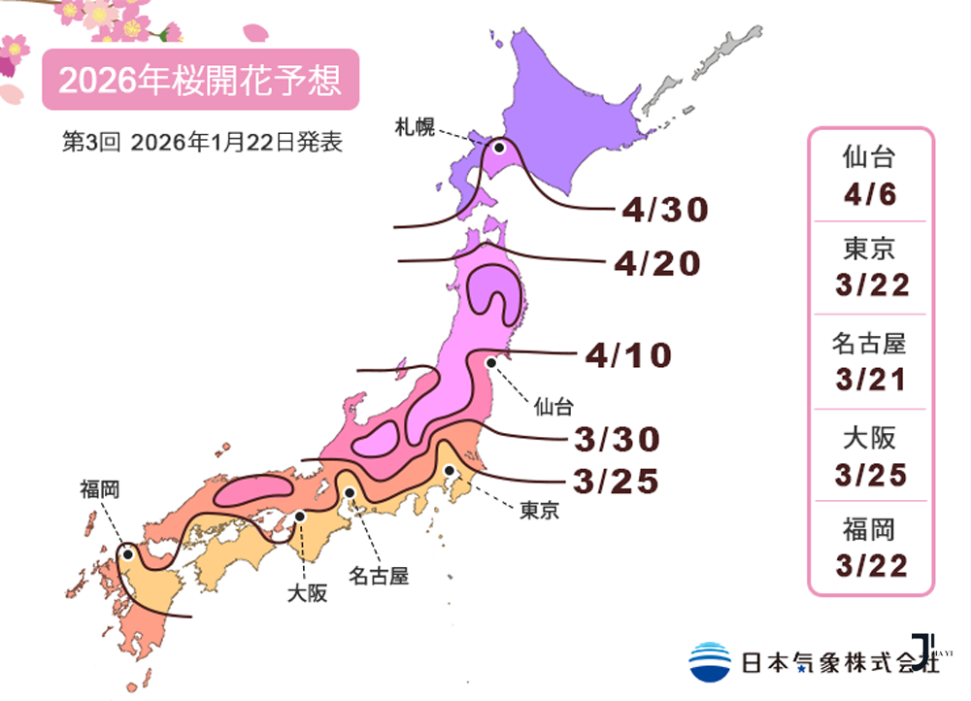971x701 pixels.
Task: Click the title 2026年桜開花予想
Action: tap(200, 81)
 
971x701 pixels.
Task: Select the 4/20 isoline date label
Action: tap(656, 263)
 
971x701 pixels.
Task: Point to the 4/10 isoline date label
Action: tap(628, 355)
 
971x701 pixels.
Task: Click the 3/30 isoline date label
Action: tap(617, 439)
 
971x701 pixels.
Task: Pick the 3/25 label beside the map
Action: tap(617, 480)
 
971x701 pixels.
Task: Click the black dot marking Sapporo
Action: tap(499, 149)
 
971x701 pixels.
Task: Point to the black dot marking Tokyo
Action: tap(450, 471)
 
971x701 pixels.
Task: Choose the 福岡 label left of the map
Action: tap(100, 489)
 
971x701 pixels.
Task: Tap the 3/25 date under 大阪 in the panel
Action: tap(869, 474)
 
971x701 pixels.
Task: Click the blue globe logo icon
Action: tap(710, 661)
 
